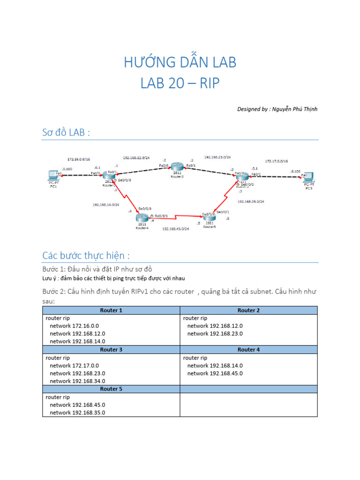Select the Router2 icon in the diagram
177,166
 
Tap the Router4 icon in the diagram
141,217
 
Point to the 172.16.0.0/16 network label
78,159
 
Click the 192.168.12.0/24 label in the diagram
136,158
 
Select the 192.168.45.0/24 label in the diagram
175,229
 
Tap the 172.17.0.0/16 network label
277,161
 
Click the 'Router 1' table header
111,310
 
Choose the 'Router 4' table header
248,350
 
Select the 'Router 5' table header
111,389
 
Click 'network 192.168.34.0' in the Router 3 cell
77,381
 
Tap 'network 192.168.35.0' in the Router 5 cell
77,412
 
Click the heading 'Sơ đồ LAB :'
66,133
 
